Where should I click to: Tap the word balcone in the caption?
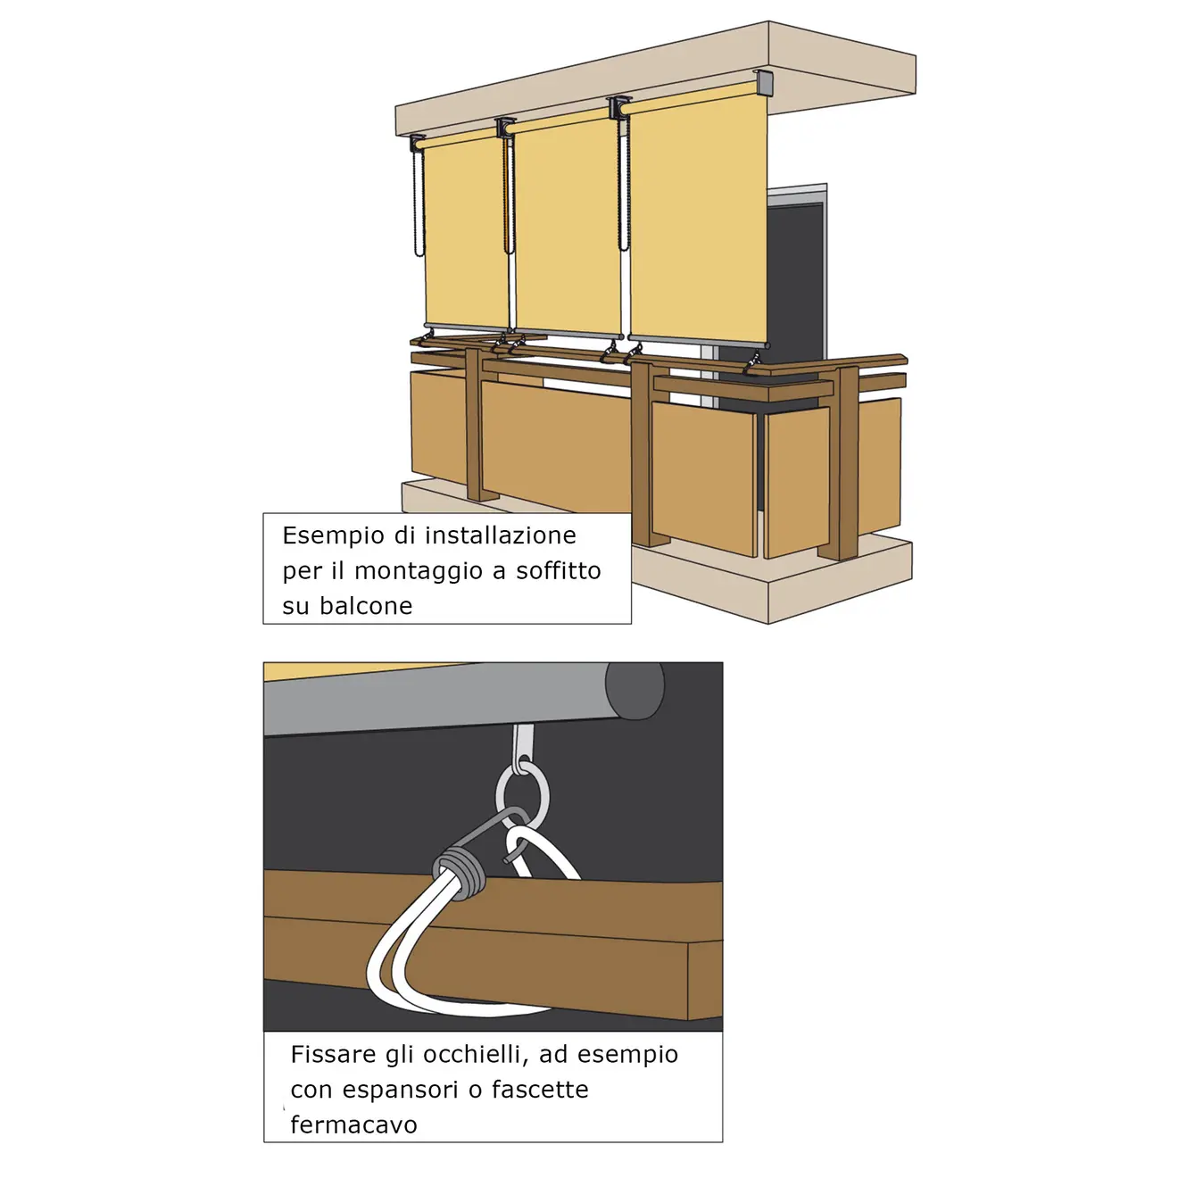click(366, 606)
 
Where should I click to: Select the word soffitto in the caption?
click(558, 570)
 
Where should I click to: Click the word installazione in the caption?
click(501, 535)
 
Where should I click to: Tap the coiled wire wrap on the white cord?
click(458, 872)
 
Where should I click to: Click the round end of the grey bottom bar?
click(635, 691)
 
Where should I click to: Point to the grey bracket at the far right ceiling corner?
click(764, 82)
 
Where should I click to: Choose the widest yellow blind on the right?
click(698, 214)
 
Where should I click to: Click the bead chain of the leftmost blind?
click(419, 203)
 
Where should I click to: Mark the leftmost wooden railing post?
click(475, 425)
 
